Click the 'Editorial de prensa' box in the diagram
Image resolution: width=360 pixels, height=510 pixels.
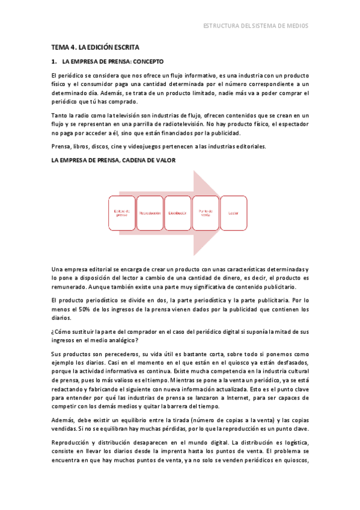coord(121,213)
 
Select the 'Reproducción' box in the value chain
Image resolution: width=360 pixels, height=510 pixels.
coord(150,213)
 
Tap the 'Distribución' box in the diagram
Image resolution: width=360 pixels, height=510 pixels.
coord(178,213)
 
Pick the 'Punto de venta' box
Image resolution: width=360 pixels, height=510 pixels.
coord(206,213)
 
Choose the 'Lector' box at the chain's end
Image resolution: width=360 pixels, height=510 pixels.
coord(233,213)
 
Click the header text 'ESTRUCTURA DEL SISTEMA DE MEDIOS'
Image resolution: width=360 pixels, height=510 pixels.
coord(256,26)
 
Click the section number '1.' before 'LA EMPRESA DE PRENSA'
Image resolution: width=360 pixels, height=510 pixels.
coord(54,61)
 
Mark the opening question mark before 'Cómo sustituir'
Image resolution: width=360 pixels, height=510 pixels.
coord(53,331)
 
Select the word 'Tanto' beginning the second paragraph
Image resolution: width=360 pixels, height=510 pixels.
coord(61,115)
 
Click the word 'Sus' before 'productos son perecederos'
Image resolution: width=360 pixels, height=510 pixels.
coord(57,354)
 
